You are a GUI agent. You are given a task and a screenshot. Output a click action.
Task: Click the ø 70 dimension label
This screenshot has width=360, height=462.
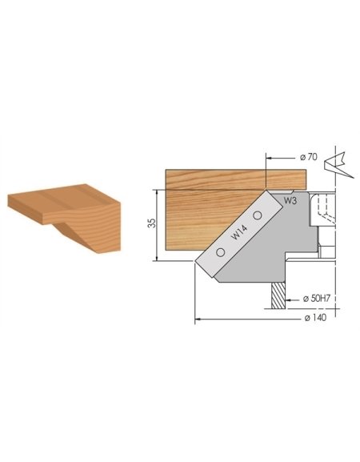tap(310, 157)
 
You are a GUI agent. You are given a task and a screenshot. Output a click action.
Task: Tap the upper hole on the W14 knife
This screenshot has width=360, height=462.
tap(258, 216)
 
